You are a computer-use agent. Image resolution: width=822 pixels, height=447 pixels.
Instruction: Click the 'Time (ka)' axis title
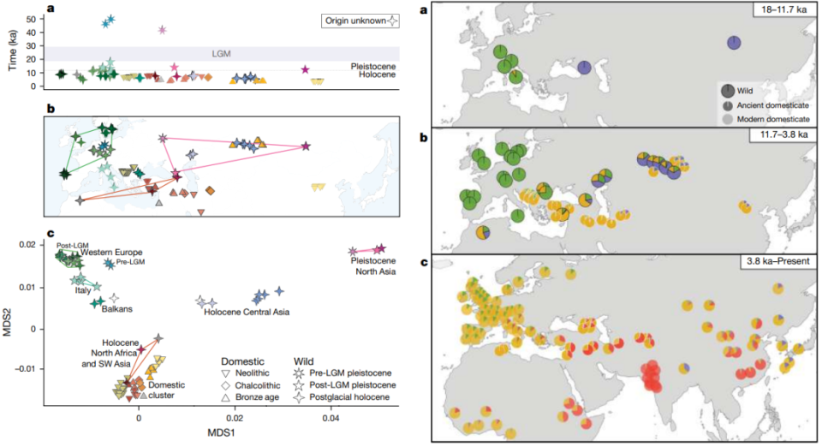(x=11, y=47)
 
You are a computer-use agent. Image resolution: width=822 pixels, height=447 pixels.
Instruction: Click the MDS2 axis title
(x=11, y=325)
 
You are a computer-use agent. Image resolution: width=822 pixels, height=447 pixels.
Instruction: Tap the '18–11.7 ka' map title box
(x=769, y=10)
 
